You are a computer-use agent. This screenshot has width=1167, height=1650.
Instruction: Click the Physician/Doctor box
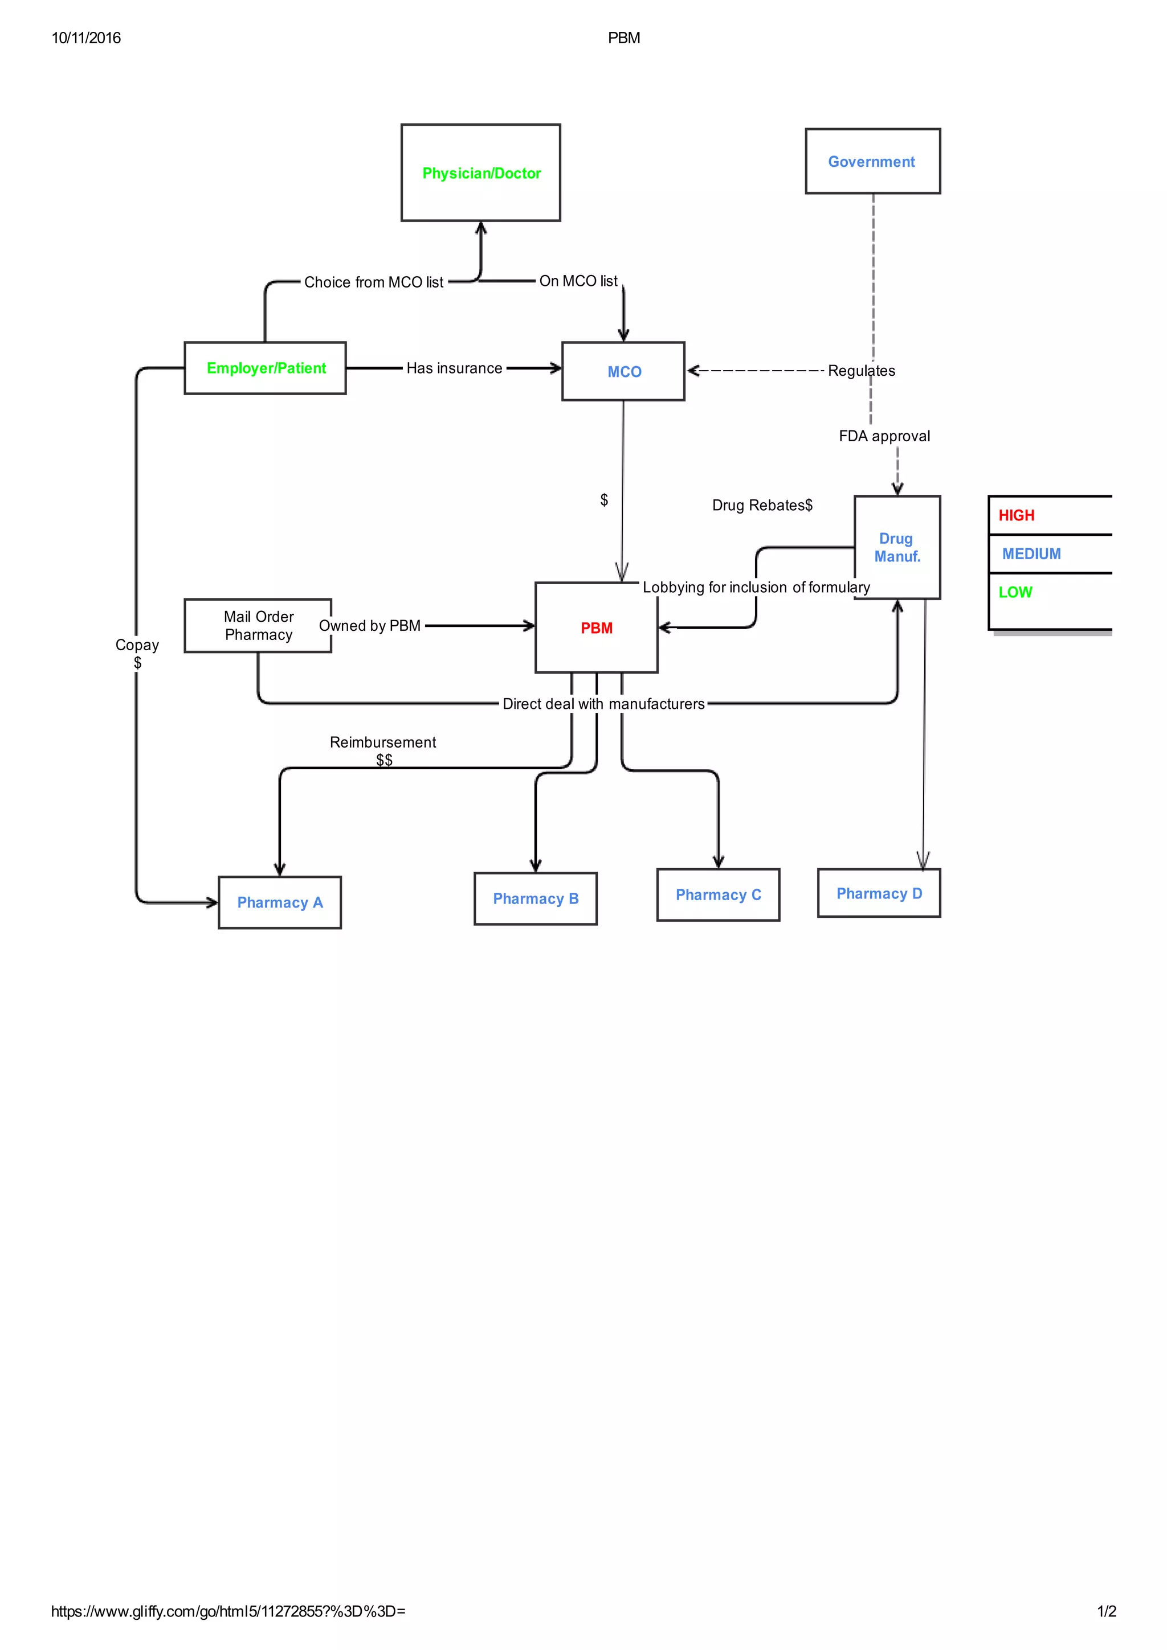point(480,173)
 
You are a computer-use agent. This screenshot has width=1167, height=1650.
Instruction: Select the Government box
point(872,161)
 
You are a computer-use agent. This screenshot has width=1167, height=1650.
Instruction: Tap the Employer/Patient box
point(266,368)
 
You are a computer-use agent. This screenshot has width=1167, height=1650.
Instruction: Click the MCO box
point(623,372)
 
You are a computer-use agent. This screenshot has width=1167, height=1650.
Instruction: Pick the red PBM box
point(596,627)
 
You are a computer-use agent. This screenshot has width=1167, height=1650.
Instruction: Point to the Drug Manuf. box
point(897,547)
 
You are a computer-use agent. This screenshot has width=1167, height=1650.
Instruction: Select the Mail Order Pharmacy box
point(258,625)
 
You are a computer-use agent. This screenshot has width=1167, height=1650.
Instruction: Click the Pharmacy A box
point(280,902)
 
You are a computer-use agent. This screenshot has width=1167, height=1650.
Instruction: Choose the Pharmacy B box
point(535,898)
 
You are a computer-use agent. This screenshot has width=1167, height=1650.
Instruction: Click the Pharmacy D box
point(879,893)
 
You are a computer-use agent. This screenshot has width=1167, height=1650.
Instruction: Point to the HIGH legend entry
point(1016,515)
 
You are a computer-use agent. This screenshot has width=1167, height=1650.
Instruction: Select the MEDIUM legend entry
point(1031,553)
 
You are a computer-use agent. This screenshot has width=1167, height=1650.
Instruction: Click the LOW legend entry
point(1014,592)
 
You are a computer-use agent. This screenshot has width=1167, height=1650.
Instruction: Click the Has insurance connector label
point(454,368)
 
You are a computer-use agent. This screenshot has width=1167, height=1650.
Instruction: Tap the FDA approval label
point(884,436)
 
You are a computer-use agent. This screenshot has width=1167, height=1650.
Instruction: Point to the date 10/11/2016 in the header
point(86,38)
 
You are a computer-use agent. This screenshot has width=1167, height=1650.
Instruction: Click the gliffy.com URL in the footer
point(228,1611)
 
